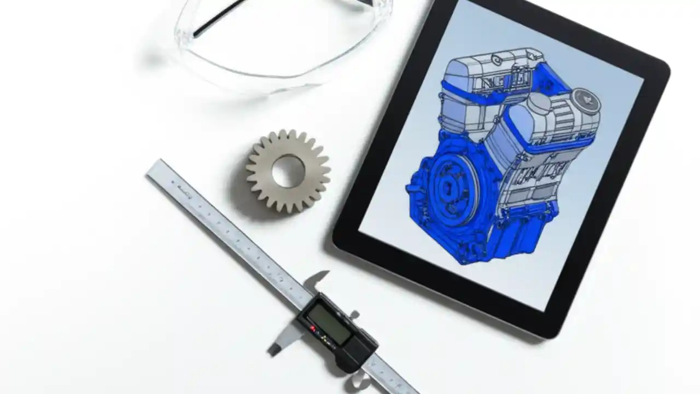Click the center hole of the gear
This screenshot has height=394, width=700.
click(288, 171)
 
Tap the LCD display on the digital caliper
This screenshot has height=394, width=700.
click(329, 323)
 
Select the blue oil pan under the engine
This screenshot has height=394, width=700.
click(492, 241)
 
